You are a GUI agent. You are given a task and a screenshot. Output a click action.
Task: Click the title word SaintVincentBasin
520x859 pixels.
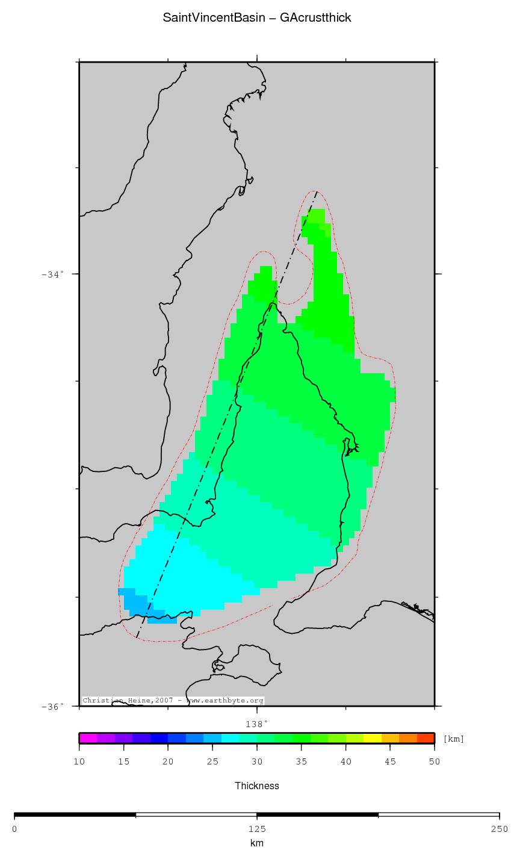214,18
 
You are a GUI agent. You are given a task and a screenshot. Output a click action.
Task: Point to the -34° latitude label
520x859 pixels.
52,274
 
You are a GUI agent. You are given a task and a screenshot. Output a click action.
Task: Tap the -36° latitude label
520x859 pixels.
52,707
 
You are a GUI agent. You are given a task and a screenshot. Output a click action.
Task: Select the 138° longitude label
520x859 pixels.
256,724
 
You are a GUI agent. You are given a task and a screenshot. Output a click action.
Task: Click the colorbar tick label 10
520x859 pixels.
79,762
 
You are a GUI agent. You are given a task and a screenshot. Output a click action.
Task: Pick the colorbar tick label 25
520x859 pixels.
212,762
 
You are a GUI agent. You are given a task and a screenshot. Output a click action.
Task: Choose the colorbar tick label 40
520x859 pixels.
345,762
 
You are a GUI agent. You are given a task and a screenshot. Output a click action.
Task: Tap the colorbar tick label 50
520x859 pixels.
434,762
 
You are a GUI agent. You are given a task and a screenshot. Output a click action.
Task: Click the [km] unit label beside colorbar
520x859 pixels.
453,739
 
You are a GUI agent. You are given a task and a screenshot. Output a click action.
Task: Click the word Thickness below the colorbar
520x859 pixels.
257,786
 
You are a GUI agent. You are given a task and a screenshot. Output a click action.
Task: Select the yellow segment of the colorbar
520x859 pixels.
372,739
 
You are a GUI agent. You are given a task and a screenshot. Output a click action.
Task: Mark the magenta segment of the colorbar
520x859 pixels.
88,739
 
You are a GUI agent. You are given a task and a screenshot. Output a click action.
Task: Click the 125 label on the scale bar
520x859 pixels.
257,829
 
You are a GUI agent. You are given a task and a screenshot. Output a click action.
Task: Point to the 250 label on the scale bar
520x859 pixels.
499,829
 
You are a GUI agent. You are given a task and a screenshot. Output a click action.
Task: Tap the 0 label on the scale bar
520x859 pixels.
14,829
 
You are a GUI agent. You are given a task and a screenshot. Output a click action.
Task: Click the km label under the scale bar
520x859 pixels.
257,843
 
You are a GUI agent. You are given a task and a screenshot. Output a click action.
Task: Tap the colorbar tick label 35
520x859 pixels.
301,762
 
